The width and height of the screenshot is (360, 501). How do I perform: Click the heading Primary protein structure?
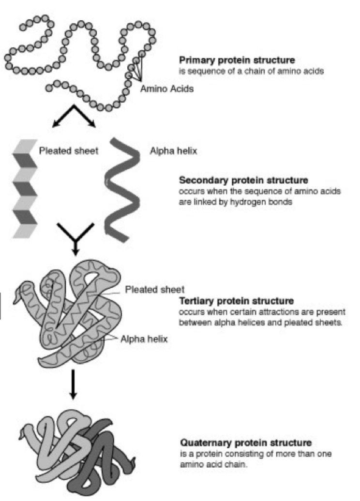point(237,60)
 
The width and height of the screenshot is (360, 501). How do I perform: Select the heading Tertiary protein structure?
point(236,301)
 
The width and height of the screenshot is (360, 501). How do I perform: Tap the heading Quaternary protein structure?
point(246,442)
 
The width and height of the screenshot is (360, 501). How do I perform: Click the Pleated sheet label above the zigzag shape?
point(68,151)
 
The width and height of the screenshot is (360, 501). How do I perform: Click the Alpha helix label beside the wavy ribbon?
point(173,151)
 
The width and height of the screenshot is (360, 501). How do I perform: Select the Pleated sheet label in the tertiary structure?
point(154,290)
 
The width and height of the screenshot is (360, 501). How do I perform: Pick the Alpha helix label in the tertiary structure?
point(144,339)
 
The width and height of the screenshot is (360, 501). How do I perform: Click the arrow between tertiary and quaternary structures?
point(73,384)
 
